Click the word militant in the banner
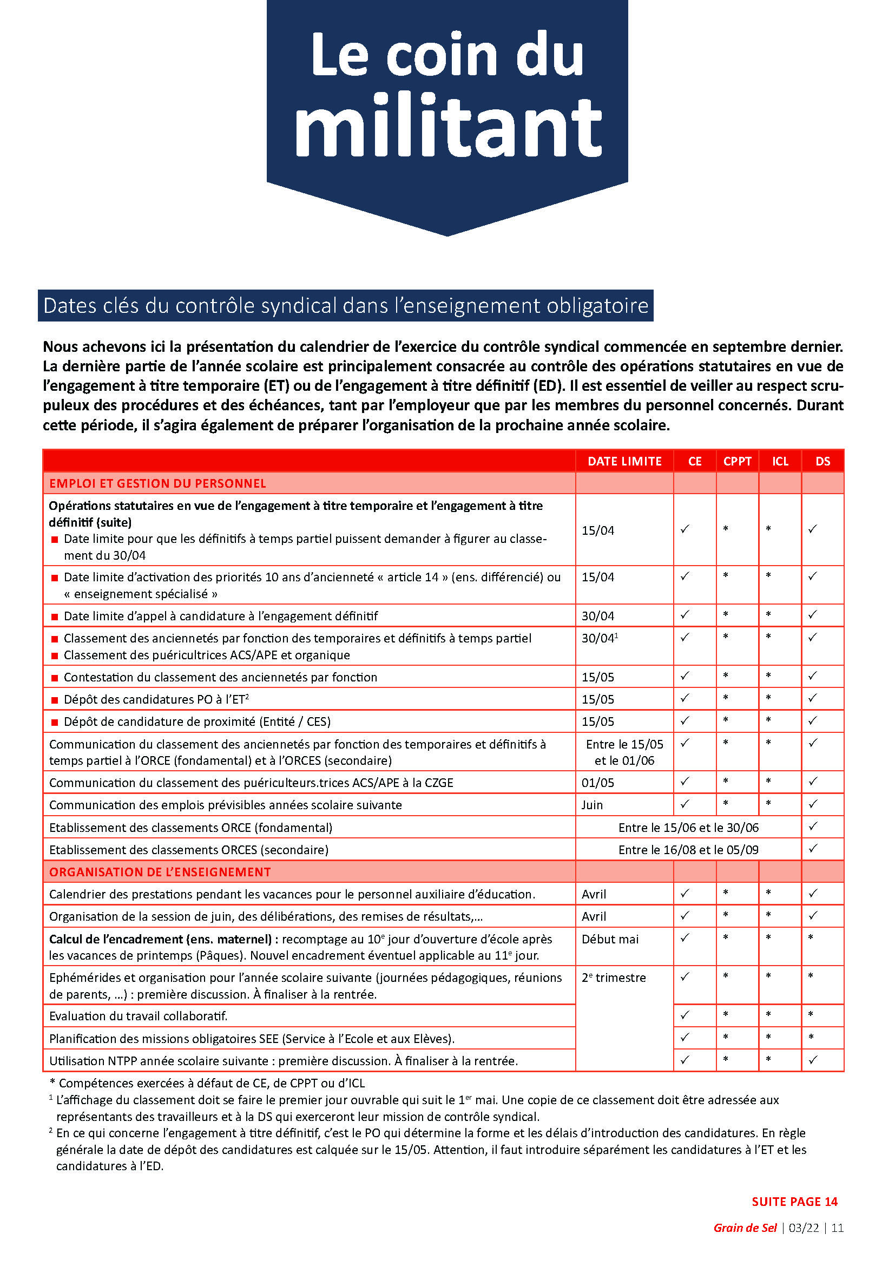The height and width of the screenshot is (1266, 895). pyautogui.click(x=448, y=128)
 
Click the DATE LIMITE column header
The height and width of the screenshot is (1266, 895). pyautogui.click(x=624, y=461)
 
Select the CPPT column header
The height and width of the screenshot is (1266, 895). pyautogui.click(x=737, y=461)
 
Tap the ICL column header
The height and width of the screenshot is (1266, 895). pyautogui.click(x=780, y=461)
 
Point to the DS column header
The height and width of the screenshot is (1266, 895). pyautogui.click(x=822, y=461)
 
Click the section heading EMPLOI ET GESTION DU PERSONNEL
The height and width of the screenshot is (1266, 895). pyautogui.click(x=157, y=483)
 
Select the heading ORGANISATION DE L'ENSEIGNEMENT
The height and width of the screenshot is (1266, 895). pyautogui.click(x=160, y=872)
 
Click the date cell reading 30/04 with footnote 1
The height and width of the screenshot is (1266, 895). pyautogui.click(x=600, y=638)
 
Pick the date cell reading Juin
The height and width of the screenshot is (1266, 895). pyautogui.click(x=593, y=804)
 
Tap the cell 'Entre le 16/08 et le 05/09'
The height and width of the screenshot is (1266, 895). pyautogui.click(x=688, y=850)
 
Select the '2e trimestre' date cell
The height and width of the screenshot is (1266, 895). pyautogui.click(x=614, y=977)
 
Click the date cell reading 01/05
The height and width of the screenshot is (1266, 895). pyautogui.click(x=597, y=783)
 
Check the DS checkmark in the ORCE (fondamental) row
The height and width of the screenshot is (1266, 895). pyautogui.click(x=813, y=826)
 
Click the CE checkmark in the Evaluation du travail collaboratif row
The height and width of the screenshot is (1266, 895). pyautogui.click(x=685, y=1014)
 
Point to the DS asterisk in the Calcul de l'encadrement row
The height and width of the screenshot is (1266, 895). pyautogui.click(x=811, y=937)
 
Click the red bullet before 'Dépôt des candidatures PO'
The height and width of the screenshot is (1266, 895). pyautogui.click(x=55, y=700)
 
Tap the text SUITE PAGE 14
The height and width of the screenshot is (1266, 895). pyautogui.click(x=794, y=1202)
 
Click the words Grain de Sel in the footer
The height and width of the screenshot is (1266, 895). pyautogui.click(x=745, y=1228)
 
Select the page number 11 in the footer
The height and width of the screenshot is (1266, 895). pyautogui.click(x=837, y=1228)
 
